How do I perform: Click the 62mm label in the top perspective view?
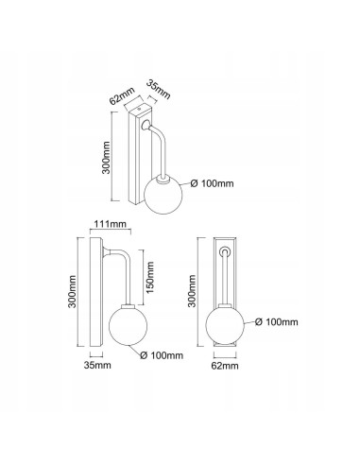pos(122,95)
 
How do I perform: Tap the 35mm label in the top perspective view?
pos(159,90)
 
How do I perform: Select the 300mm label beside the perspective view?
pos(106,157)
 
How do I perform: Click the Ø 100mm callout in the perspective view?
pos(213,183)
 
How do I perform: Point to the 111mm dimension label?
pos(111,224)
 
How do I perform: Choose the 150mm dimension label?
pos(150,277)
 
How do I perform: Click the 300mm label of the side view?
pos(72,291)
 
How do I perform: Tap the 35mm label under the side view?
pos(97,365)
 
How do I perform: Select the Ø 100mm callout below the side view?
pos(162,355)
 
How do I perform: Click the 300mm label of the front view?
pos(192,291)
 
